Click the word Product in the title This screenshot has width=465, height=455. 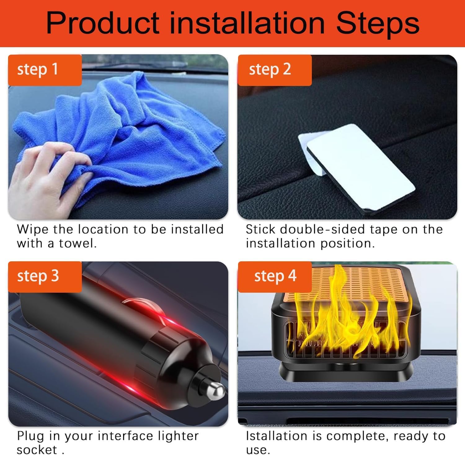103,24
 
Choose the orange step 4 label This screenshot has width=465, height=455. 275,276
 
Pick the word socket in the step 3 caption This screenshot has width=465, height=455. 37,450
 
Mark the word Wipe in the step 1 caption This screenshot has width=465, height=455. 33,230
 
